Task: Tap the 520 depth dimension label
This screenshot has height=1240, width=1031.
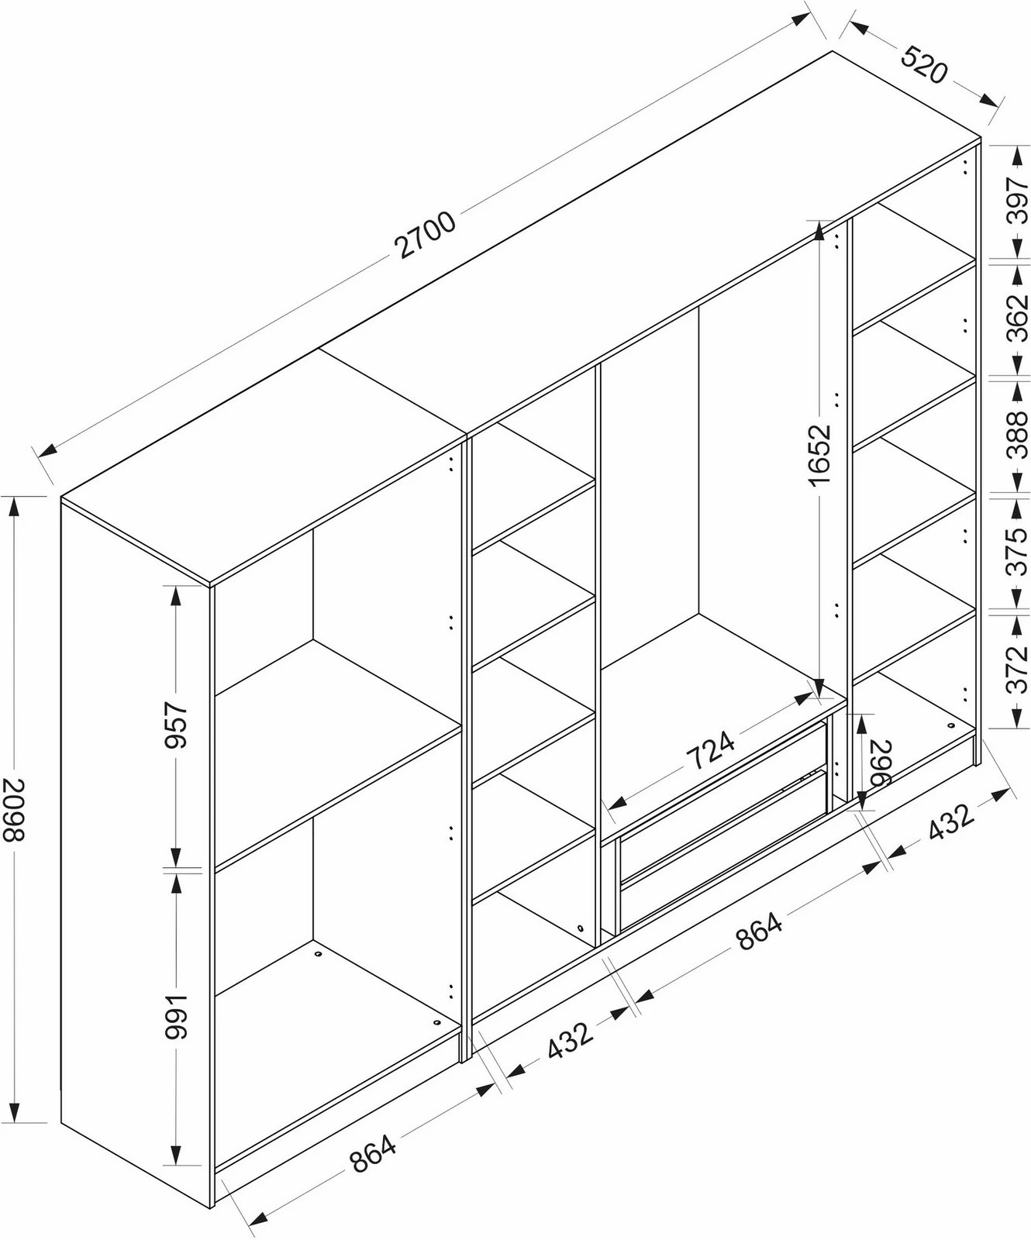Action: (x=924, y=64)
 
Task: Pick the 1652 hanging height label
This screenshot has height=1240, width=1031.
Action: (x=820, y=456)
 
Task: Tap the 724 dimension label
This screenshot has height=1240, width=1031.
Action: (x=711, y=748)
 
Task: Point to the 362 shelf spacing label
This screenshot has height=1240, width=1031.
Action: (x=1018, y=317)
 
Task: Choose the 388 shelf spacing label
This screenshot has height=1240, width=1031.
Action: (x=1018, y=435)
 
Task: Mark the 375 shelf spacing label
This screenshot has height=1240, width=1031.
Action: (x=1018, y=551)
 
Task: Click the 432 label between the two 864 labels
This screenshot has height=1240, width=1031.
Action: (x=570, y=1038)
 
